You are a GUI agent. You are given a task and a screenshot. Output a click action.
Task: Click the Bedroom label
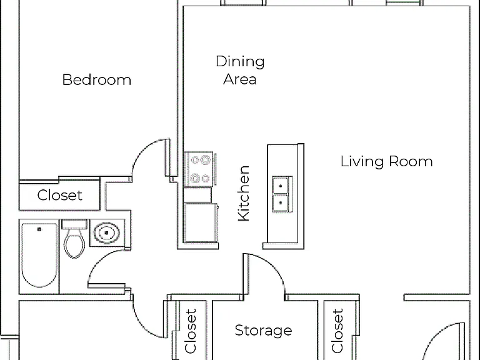tap(97, 80)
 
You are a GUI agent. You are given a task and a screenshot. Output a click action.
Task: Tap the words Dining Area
tap(240, 70)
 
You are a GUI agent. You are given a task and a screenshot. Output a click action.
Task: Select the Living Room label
tap(387, 161)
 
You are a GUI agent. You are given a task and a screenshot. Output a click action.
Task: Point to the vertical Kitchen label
tap(244, 193)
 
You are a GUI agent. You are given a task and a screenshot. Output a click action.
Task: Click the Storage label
tap(263, 330)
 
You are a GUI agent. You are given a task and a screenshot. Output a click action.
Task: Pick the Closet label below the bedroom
tap(60, 195)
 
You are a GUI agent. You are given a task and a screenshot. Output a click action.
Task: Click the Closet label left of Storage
tap(190, 331)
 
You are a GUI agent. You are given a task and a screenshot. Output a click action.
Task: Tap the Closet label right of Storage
tap(337, 331)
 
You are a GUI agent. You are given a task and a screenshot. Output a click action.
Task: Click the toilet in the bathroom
tap(74, 239)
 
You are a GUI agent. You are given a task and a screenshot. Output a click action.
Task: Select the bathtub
tap(39, 255)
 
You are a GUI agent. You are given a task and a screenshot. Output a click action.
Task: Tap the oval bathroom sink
tap(106, 233)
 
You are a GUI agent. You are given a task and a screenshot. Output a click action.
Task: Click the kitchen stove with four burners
tap(199, 169)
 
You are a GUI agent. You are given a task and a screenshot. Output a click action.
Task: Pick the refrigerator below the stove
tap(201, 223)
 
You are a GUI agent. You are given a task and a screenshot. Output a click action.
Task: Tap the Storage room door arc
tap(272, 265)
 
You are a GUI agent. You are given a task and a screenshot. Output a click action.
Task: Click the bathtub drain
tap(39, 229)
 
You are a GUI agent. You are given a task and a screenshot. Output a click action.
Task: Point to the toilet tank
tap(74, 224)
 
